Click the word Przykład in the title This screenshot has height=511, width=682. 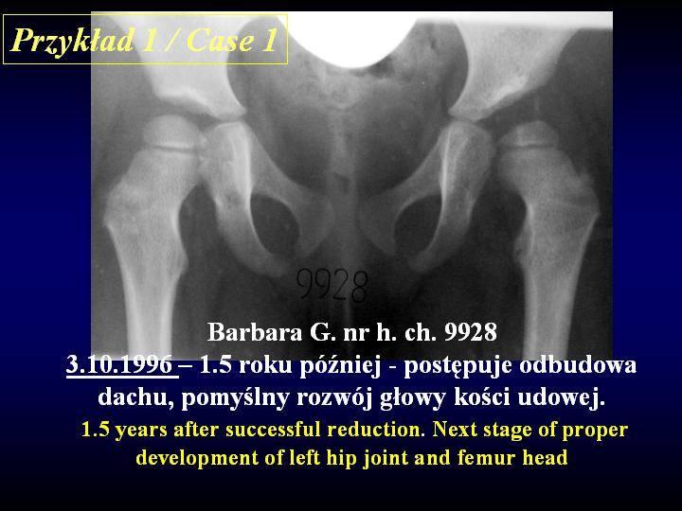[x=72, y=40]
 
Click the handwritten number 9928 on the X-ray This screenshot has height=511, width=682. [x=332, y=285]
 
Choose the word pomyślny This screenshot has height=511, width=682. [x=236, y=398]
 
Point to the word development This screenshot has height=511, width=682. [x=198, y=458]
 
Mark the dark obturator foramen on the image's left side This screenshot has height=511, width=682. [x=275, y=221]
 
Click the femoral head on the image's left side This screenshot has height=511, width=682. [x=170, y=132]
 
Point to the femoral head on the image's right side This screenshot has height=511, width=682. [x=529, y=133]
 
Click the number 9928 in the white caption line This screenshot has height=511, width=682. [x=470, y=332]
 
